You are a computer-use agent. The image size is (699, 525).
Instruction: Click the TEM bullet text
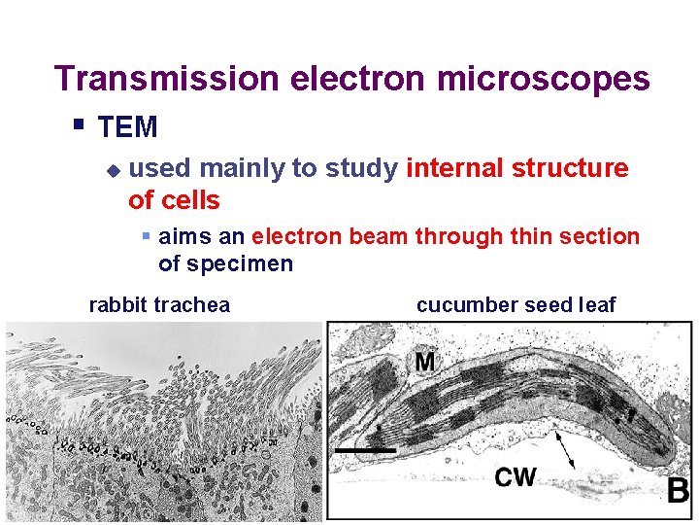[x=128, y=127]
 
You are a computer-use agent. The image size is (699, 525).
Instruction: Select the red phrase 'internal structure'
[x=517, y=168]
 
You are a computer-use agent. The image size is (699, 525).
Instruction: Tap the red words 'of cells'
[x=174, y=201]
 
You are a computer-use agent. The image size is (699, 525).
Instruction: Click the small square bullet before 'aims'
[x=145, y=236]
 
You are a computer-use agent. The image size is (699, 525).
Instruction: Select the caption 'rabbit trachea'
[x=159, y=305]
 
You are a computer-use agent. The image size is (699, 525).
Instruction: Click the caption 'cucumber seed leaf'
[x=516, y=305]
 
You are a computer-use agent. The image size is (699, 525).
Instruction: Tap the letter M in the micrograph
[x=424, y=363]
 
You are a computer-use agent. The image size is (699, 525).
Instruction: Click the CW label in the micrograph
[x=515, y=476]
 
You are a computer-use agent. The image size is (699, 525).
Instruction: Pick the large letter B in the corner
[x=678, y=489]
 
